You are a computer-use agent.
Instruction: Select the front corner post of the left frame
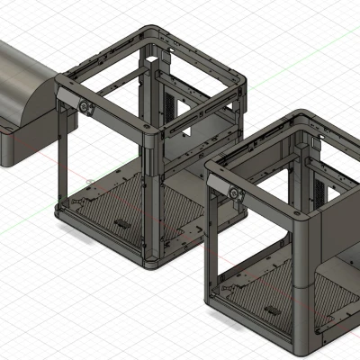click(152, 198)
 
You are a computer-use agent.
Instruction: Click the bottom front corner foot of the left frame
click(152, 263)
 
